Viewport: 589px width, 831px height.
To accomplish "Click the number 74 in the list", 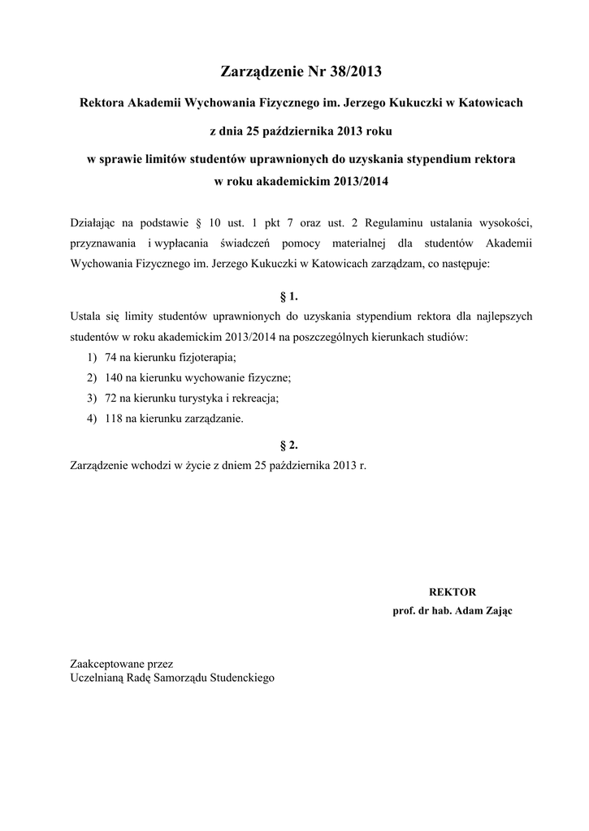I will coord(111,357).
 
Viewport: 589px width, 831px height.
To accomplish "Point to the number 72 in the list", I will coord(111,398).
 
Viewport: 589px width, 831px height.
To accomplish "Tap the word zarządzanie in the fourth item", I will coord(214,420).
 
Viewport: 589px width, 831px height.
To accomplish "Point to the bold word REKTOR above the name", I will coord(452,592).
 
